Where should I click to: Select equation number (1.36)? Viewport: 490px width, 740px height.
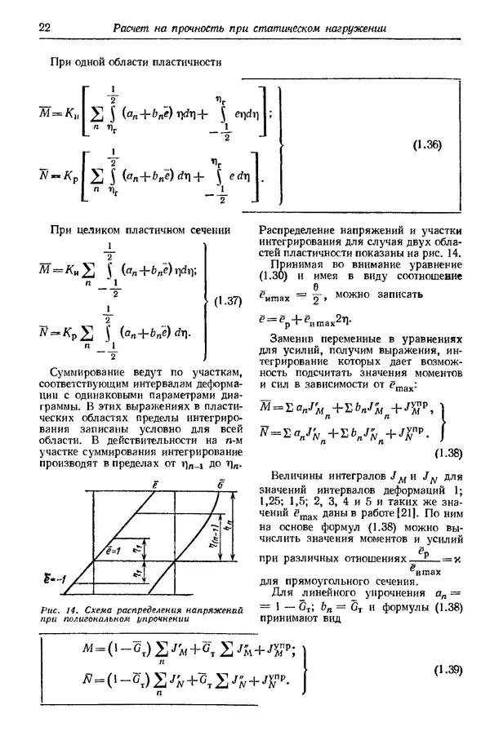(x=427, y=145)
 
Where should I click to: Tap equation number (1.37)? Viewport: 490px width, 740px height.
(x=227, y=301)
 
